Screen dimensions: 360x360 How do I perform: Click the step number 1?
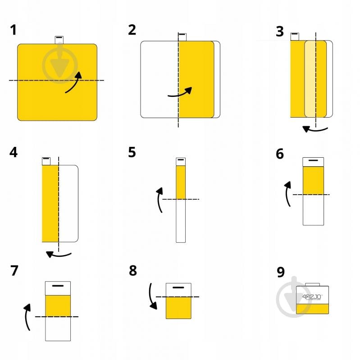point(14,30)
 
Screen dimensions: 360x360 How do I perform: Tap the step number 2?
point(132,30)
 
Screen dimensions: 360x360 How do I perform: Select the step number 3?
point(280,32)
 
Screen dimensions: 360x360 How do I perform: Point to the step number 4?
point(14,152)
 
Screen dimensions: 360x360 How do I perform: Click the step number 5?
point(132,152)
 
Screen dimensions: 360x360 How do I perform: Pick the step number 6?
point(280,154)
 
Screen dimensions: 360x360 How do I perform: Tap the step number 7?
point(14,270)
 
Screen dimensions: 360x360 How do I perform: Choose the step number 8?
point(133,270)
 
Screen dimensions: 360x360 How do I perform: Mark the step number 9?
point(281,272)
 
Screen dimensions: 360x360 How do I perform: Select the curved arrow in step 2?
point(180,94)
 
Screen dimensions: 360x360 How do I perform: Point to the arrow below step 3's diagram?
point(314,130)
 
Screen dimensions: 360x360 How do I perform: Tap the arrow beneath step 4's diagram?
point(59,255)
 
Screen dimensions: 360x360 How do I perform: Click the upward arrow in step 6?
point(287,194)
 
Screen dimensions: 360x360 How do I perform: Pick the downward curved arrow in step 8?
point(151,296)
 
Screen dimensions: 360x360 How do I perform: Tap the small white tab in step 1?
point(59,40)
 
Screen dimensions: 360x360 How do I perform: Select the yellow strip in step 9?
point(313,309)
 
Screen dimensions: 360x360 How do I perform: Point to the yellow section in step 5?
point(181,182)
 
